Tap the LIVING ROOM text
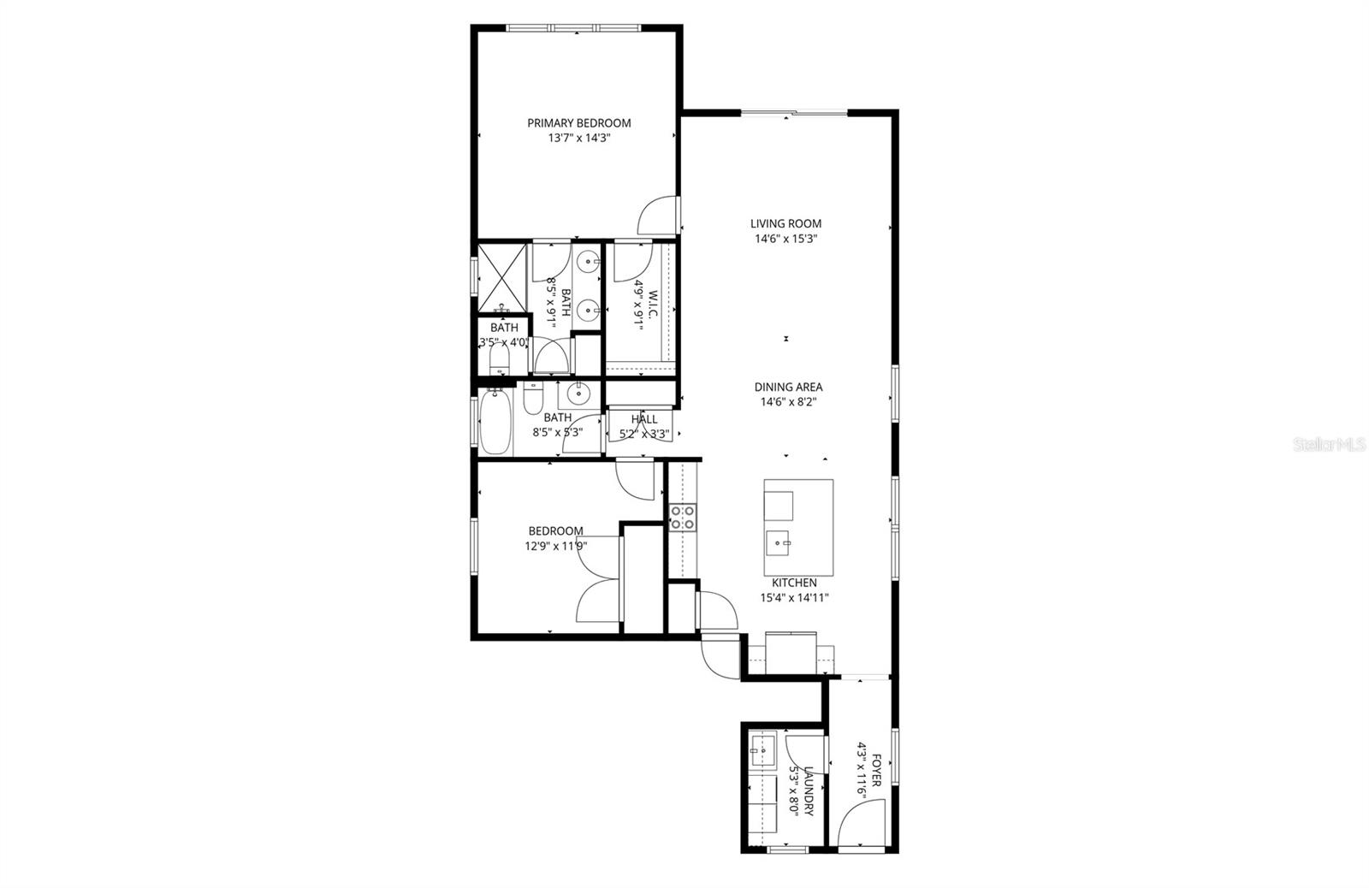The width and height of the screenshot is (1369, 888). (785, 224)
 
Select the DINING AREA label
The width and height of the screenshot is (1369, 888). (788, 387)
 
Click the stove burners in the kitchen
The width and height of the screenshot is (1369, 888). (683, 517)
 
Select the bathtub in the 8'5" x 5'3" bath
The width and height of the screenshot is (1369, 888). (495, 423)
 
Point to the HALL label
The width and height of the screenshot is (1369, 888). (644, 419)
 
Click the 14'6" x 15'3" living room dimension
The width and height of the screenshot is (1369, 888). (785, 240)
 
